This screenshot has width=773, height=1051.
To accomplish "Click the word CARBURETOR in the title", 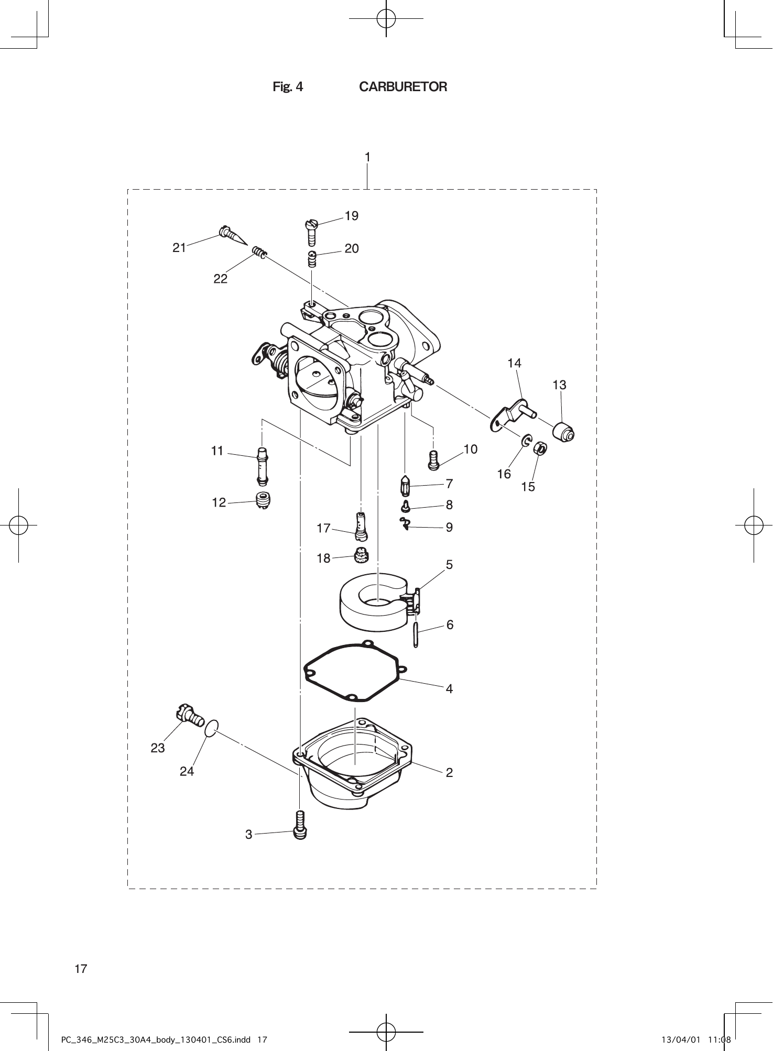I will (403, 87).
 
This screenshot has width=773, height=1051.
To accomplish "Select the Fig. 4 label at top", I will (288, 87).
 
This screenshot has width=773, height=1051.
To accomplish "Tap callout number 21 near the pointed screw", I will (179, 248).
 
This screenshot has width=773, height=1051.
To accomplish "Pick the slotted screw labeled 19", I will (311, 232).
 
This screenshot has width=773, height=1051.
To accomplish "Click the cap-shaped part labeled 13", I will (564, 432).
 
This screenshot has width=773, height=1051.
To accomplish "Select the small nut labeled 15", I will (540, 448).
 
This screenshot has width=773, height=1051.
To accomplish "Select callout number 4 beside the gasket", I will (449, 689).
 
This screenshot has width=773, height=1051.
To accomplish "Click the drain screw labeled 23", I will (190, 715).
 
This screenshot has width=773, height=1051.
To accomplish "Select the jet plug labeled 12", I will (263, 500).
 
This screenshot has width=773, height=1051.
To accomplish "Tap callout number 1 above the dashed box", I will (368, 157).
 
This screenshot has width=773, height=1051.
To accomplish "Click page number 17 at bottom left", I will (81, 969).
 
